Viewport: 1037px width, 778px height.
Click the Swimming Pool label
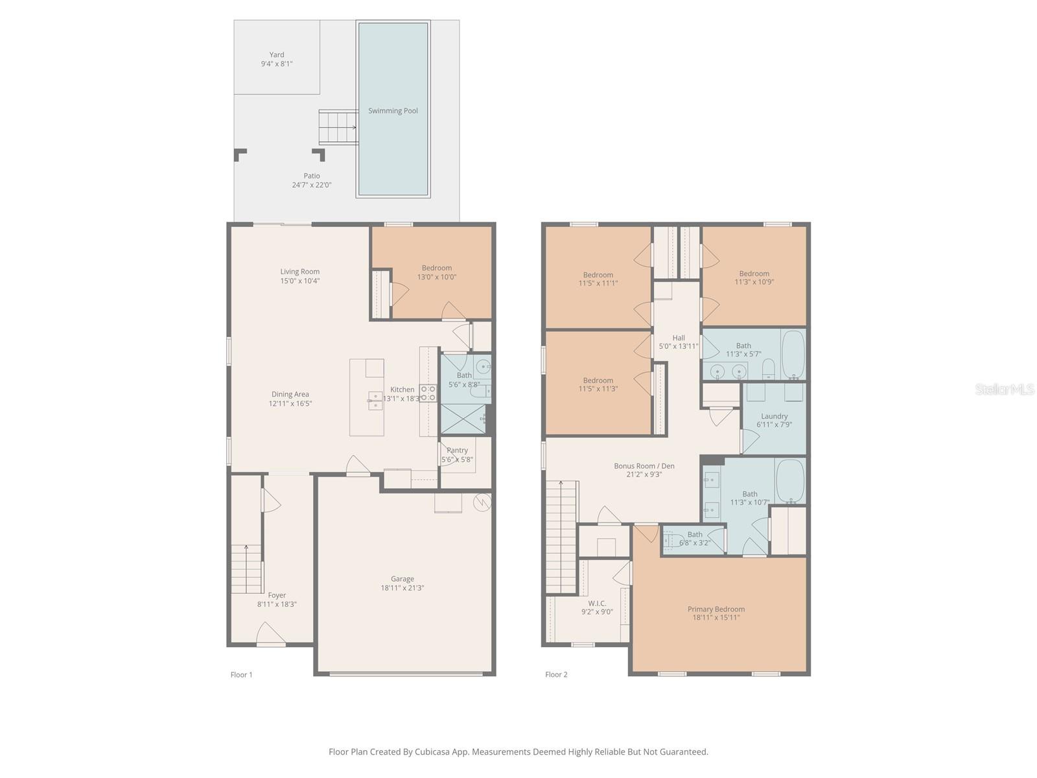393,111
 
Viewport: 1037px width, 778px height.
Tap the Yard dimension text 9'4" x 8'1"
277,64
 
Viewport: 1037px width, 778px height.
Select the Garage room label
402,579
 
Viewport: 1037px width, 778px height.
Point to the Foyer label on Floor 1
277,595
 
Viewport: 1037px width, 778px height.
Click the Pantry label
458,450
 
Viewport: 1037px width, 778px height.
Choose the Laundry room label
775,416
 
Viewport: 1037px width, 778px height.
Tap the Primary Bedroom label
716,609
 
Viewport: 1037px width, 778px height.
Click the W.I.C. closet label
597,603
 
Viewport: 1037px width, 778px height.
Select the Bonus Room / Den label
644,466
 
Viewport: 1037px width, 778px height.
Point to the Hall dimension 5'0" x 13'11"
679,346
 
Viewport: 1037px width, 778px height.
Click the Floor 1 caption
241,674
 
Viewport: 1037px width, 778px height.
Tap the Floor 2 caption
557,674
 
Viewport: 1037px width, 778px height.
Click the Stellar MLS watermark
1005,389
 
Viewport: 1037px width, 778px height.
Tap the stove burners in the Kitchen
428,393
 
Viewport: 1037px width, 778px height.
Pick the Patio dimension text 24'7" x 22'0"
312,185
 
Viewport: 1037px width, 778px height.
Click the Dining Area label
290,394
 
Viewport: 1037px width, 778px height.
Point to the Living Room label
300,272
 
